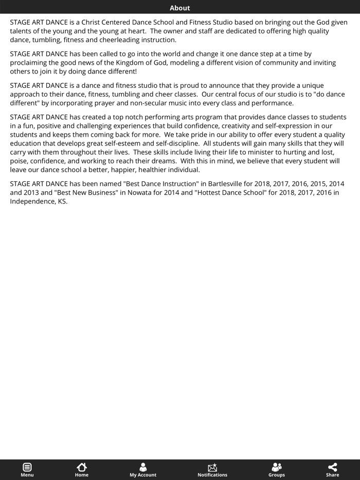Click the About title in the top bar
179,8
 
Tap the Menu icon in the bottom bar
27,467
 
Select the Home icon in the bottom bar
82,467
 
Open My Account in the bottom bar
143,467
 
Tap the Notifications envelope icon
212,467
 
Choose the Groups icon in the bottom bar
277,467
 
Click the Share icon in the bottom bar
333,467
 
